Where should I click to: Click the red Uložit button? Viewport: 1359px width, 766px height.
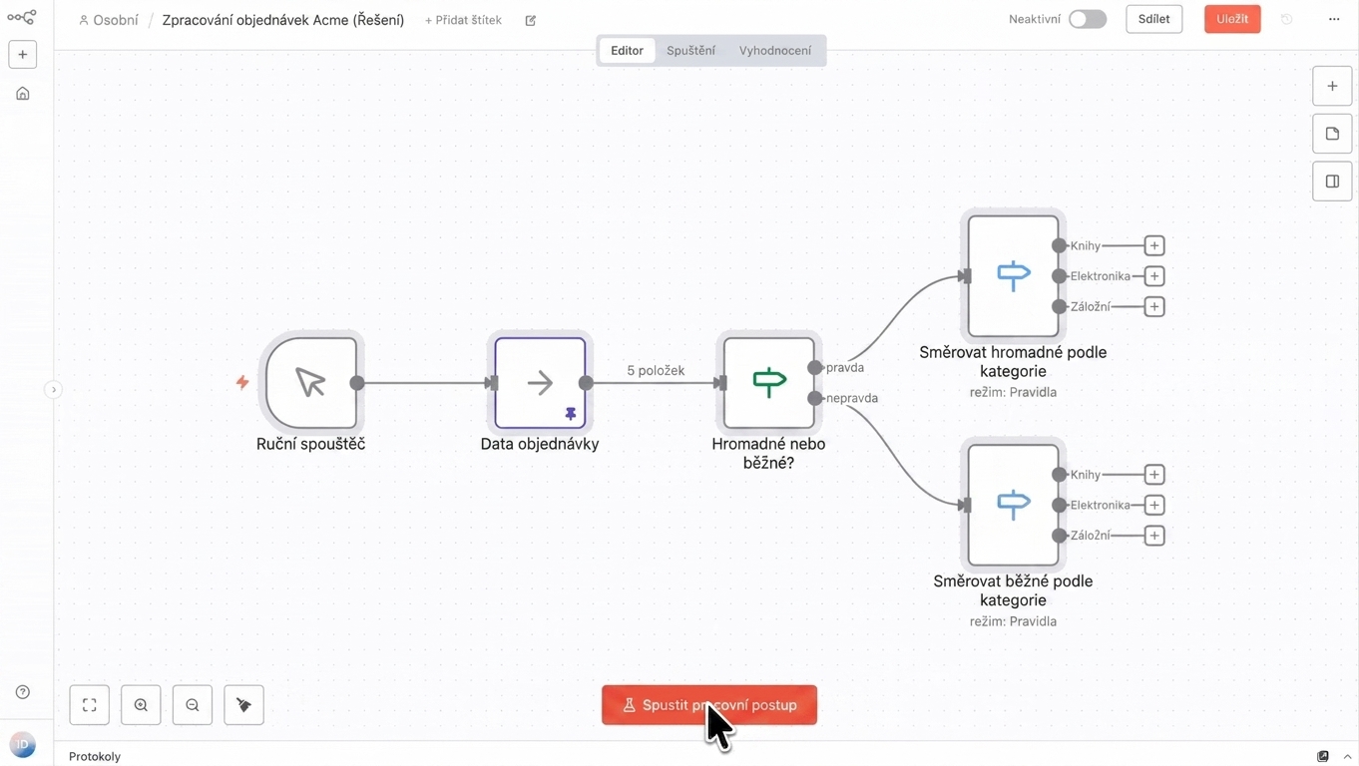click(1232, 19)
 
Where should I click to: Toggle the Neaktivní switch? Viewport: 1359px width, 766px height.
click(1088, 19)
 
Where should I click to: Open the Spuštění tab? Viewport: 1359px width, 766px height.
click(690, 50)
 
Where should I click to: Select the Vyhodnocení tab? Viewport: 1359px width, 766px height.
click(774, 50)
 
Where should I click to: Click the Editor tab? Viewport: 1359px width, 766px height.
click(627, 50)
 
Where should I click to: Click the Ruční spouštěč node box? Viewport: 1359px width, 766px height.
click(311, 383)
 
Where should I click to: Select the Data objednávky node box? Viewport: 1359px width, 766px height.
click(540, 383)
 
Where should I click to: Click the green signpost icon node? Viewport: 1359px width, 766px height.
click(768, 383)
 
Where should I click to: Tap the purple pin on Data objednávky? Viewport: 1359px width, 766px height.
click(571, 414)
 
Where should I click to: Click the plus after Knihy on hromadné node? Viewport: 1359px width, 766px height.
click(1153, 245)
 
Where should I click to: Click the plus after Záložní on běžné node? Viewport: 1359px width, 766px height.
click(1153, 536)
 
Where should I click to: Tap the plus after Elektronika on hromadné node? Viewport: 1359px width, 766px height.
click(1153, 276)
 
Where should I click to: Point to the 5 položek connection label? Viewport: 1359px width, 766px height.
click(656, 371)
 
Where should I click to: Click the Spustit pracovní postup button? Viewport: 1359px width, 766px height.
click(709, 705)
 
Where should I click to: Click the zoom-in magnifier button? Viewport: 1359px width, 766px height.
click(141, 705)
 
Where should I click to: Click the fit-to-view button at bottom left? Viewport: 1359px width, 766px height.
click(89, 705)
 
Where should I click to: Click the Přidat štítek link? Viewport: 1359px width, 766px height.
click(463, 20)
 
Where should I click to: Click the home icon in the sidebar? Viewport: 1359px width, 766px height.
click(22, 94)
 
